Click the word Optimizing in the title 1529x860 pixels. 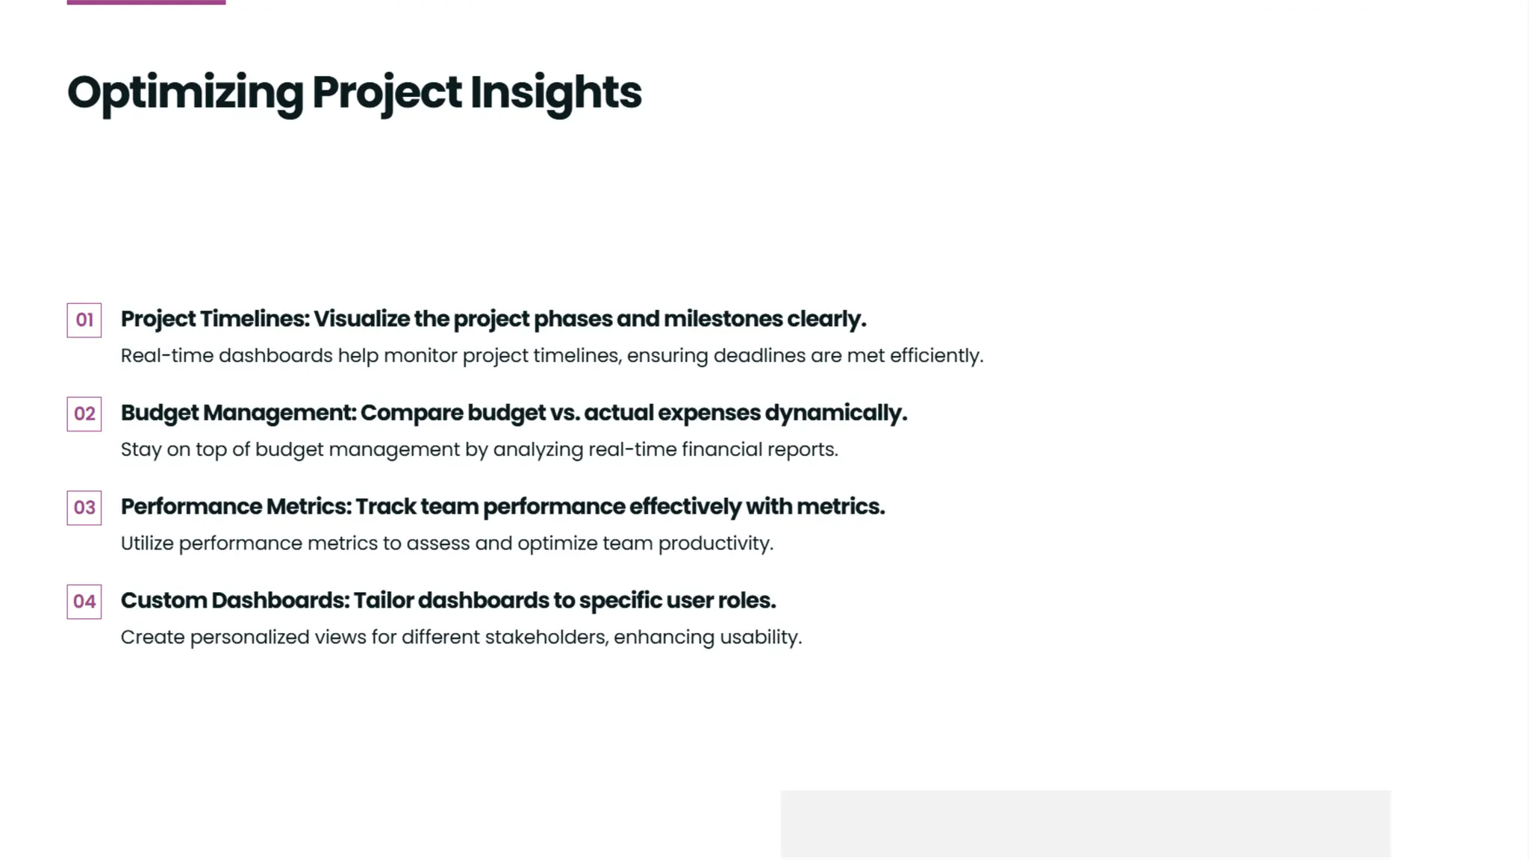(185, 93)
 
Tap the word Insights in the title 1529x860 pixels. (555, 93)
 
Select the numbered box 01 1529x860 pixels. (84, 320)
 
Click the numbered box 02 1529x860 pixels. (84, 414)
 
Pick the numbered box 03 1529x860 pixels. (84, 508)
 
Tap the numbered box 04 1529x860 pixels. (84, 602)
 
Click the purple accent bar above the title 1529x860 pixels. (146, 2)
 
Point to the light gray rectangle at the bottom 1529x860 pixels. (1086, 823)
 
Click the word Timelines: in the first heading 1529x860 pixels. (254, 319)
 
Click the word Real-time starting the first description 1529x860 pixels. (166, 356)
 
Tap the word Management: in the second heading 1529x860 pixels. (280, 413)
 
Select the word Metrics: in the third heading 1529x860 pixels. (308, 507)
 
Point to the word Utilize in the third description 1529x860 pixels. (147, 543)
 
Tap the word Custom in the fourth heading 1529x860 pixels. (164, 601)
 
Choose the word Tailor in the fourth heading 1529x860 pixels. (383, 601)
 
